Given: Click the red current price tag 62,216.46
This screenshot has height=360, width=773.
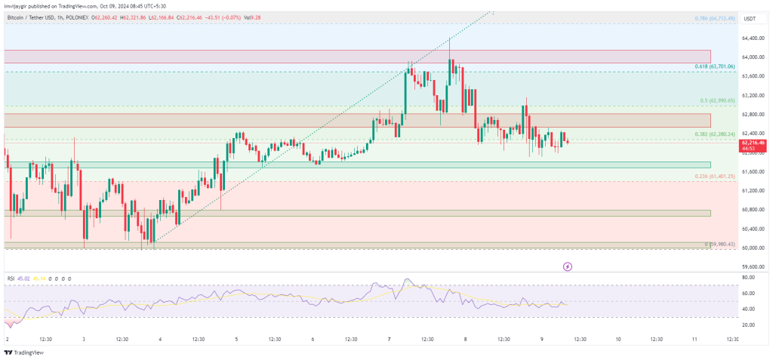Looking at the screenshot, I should (753, 143).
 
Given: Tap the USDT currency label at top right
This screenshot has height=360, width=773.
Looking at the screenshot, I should (750, 19).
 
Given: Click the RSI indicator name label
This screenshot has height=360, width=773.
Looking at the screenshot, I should (11, 278).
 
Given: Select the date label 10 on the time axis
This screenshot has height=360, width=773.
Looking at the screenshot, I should (618, 340).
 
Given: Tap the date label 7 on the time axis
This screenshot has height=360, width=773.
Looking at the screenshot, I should (390, 340).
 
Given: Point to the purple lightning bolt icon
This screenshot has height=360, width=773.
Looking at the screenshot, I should (568, 266).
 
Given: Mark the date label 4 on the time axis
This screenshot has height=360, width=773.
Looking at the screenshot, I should (161, 340).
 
